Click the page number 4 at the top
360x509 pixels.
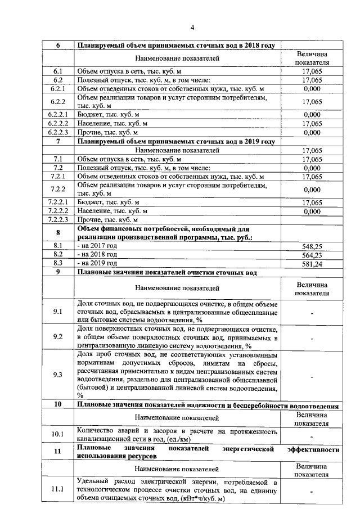point(191,28)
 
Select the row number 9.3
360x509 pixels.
point(57,375)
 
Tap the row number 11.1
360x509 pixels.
point(57,490)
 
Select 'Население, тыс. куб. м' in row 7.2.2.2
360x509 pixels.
point(112,211)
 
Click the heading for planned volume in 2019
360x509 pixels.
point(176,142)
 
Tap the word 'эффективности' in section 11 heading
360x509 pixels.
point(313,450)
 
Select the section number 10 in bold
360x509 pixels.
point(57,405)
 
